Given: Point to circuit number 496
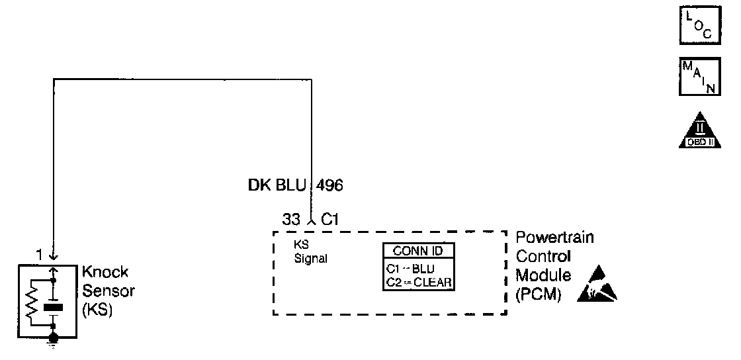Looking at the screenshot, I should (x=329, y=186).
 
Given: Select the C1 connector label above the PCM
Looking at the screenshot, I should (x=330, y=219).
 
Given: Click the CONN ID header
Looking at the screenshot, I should (x=418, y=251).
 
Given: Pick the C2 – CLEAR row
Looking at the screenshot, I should (x=418, y=283).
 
